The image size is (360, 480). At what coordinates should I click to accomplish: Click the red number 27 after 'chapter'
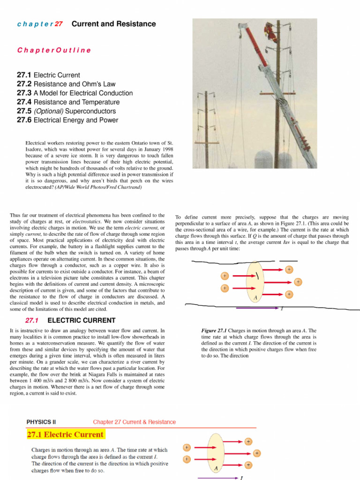59,24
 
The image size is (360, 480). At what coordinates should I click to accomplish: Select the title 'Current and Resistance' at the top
114,24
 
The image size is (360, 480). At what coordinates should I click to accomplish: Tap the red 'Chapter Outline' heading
54,50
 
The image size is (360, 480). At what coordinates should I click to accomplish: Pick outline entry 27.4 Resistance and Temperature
68,102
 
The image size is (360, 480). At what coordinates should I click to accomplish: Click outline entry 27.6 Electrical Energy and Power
67,120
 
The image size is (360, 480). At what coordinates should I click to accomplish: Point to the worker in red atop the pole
270,31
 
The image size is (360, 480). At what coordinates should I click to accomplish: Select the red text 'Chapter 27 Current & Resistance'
135,422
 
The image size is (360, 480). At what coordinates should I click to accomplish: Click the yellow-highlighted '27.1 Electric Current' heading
65,435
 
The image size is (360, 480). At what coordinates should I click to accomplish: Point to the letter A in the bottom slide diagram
216,468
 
